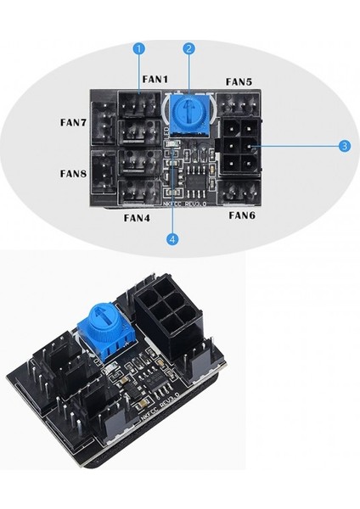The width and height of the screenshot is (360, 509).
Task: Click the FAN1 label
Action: [155, 79]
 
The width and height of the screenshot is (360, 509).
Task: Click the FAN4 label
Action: [137, 217]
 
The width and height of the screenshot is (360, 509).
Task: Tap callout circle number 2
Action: [189, 49]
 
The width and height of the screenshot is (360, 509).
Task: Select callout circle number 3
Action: [344, 146]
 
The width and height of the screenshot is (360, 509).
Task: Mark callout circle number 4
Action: [173, 240]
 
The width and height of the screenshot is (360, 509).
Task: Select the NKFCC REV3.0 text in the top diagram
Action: [180, 204]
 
